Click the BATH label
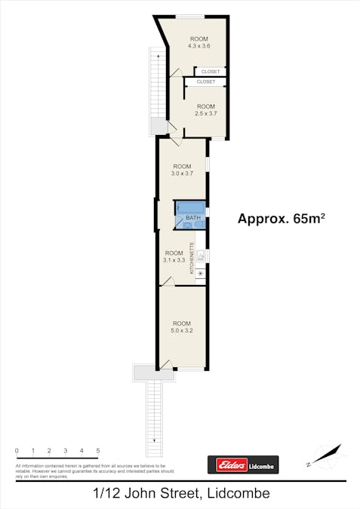[x=193, y=219]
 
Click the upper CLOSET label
[x=211, y=72]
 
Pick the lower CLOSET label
[x=205, y=81]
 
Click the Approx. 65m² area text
[x=281, y=219]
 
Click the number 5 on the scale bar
[x=98, y=451]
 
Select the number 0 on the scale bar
[x=17, y=451]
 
